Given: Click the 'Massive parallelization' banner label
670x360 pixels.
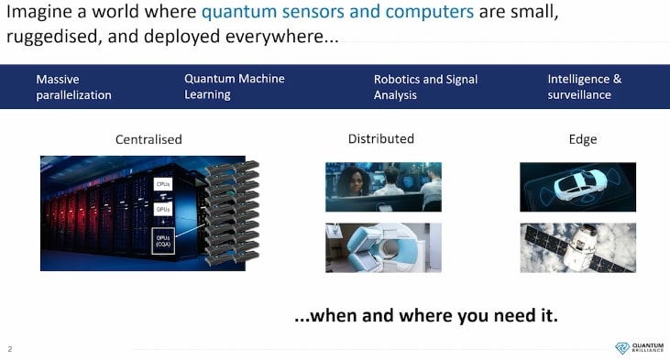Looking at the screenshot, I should [73, 87].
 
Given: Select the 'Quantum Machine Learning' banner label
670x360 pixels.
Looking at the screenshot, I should [234, 86].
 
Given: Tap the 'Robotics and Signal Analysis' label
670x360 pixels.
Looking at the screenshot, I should [425, 87].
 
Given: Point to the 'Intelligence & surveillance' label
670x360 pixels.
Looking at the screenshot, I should [584, 87].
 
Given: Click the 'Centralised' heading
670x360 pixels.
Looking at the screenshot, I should [148, 140].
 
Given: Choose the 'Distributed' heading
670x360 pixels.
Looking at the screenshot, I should [381, 139].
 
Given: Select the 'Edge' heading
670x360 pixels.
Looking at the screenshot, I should [583, 139].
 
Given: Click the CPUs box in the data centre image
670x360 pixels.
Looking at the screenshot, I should [163, 184].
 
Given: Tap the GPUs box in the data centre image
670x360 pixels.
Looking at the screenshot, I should [163, 209].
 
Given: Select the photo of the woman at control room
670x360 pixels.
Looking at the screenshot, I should [383, 187].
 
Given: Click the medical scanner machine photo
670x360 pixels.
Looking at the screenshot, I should [383, 247].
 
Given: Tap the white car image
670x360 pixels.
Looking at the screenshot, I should [577, 187].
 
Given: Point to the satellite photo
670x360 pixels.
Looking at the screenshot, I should [577, 247].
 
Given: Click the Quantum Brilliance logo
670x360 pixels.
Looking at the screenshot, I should [639, 348].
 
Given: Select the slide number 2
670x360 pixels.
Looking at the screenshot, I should [10, 349].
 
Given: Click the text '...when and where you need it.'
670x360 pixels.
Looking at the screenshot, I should [426, 316].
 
